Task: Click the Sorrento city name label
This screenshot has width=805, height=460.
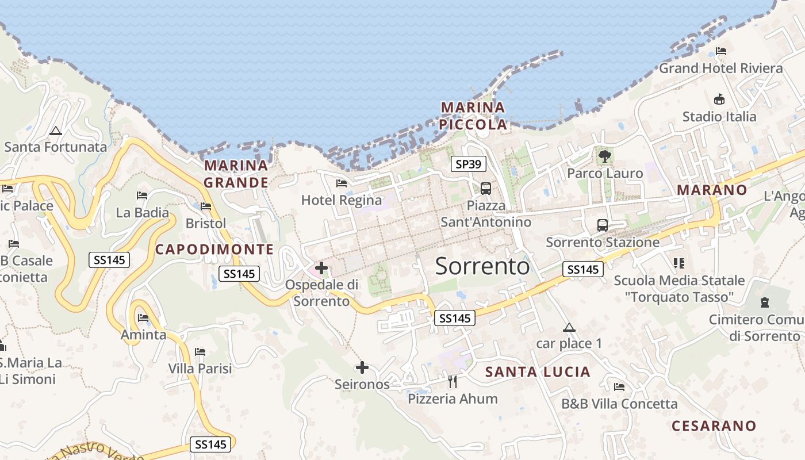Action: pos(482,266)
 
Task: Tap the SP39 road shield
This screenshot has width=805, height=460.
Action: pos(468,164)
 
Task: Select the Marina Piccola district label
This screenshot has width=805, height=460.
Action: pos(473,116)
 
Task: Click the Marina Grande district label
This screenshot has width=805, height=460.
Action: pos(236,174)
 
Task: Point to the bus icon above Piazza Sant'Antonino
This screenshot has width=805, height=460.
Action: pos(486,188)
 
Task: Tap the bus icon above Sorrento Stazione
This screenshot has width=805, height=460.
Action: pos(602,225)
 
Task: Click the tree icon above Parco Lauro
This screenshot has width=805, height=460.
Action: pos(604,156)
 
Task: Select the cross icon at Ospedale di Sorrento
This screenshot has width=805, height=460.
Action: pos(321,267)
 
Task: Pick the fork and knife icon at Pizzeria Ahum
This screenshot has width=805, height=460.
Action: pos(453,381)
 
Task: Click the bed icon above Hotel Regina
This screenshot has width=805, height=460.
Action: pos(342,183)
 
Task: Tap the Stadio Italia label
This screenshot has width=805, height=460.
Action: pos(719,117)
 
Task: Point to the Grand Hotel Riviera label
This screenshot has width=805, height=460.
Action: pos(720,68)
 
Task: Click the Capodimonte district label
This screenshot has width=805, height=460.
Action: pos(214,249)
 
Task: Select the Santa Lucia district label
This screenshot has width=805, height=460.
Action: pos(538,372)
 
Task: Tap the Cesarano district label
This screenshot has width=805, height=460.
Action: pos(714,426)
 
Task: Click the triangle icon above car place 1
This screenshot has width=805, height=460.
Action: pos(569,328)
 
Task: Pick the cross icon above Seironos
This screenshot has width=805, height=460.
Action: pos(362,367)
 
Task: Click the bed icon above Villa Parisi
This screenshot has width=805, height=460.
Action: pos(200,351)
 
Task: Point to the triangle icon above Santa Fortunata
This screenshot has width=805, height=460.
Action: pos(55,131)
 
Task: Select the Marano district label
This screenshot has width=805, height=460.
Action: pos(712,190)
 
